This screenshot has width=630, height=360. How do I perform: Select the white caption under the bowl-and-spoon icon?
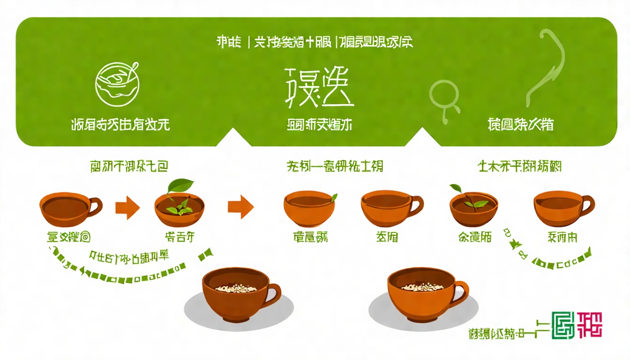coord(120,125)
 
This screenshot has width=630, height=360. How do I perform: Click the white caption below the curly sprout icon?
coord(520,125)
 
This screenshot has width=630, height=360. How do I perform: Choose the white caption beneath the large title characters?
coord(319,125)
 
